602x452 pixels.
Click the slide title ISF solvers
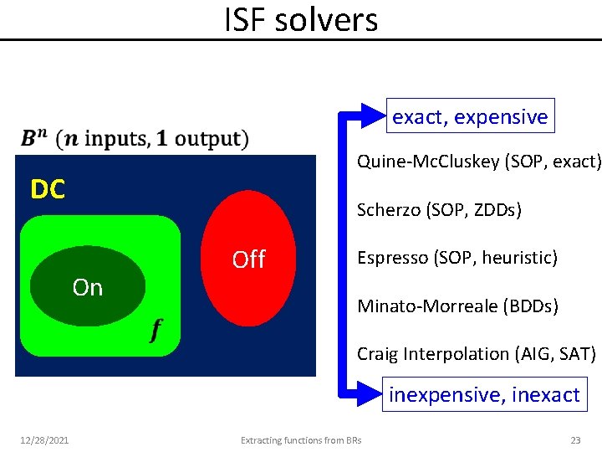coord(301,19)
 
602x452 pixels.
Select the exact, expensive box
coord(470,117)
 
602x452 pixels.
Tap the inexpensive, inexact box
coord(484,394)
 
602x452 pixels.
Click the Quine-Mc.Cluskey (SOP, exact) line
coord(478,161)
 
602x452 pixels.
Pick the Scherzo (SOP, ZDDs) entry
coord(439,209)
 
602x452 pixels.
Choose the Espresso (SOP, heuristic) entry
coord(457,258)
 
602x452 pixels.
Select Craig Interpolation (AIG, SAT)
coord(477,354)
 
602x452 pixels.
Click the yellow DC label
coord(48,190)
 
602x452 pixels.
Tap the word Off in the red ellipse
coord(248,259)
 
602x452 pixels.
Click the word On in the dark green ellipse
coord(88,287)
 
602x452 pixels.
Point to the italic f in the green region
coord(156,331)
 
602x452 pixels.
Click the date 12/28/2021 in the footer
coord(46,439)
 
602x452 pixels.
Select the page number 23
coord(575,439)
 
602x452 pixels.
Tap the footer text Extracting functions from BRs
coord(301,439)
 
